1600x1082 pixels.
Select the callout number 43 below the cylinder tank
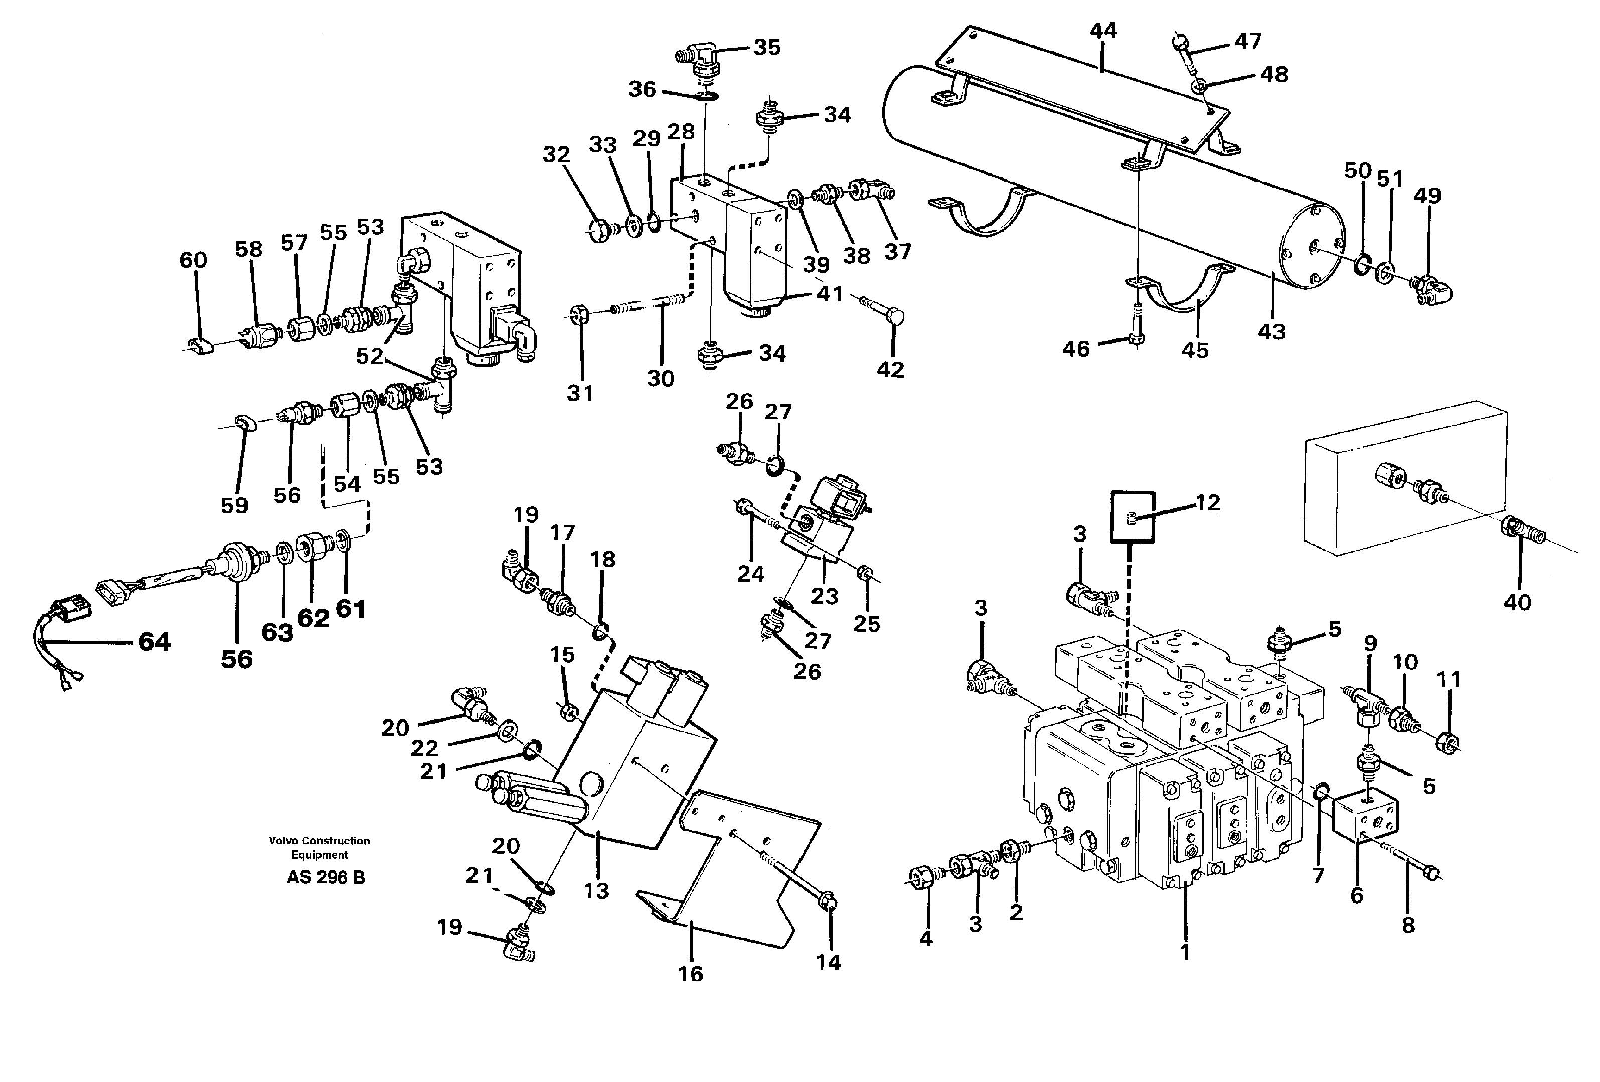click(x=1271, y=332)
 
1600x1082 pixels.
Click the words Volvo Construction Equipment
click(x=319, y=847)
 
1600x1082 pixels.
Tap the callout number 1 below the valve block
click(x=1184, y=953)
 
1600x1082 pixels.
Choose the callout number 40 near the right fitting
click(x=1517, y=602)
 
